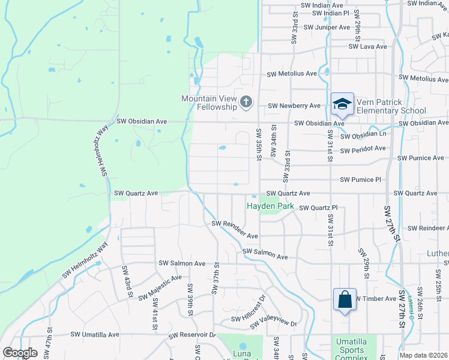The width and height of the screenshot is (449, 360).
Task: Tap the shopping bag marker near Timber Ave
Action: (x=345, y=299)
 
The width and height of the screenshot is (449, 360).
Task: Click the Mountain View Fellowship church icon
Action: (x=246, y=102)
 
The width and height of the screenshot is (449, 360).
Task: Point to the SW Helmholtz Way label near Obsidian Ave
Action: (x=103, y=154)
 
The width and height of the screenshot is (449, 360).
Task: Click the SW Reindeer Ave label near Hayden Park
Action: (x=234, y=230)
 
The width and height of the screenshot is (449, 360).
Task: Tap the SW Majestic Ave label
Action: (x=160, y=287)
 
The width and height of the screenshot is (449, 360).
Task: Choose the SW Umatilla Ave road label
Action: (x=95, y=334)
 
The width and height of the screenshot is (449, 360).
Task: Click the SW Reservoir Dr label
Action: (x=191, y=335)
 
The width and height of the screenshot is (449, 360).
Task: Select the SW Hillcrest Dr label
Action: (x=246, y=309)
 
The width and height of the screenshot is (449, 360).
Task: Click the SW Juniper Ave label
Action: (x=327, y=27)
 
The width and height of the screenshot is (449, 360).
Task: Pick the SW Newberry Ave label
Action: (x=294, y=106)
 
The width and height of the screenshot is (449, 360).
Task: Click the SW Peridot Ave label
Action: (x=363, y=149)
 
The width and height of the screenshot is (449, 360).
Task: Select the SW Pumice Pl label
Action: (x=360, y=179)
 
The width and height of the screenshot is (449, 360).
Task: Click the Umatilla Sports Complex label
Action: (x=350, y=350)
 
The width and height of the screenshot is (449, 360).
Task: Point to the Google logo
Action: (x=20, y=353)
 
